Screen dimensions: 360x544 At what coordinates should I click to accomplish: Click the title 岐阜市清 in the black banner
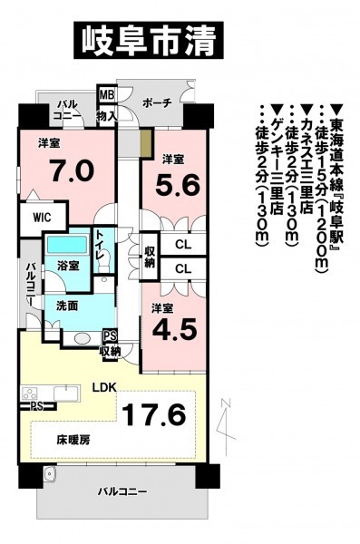click(148, 41)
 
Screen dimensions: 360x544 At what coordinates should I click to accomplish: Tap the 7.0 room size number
click(72, 170)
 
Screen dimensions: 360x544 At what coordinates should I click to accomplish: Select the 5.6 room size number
click(178, 185)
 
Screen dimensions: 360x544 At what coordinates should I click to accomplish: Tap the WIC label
click(43, 218)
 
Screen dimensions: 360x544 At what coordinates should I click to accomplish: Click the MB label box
click(107, 94)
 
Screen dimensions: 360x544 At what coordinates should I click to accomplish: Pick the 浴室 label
click(68, 266)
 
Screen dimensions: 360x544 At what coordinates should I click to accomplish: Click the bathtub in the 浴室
click(67, 245)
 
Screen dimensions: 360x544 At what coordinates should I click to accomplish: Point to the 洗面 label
click(67, 306)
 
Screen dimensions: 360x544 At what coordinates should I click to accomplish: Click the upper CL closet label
click(183, 245)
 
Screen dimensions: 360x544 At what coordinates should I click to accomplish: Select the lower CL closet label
click(183, 269)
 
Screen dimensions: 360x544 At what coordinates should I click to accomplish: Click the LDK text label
click(103, 387)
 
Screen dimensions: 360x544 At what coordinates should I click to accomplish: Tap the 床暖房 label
click(73, 441)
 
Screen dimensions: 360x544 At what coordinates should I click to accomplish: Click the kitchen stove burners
click(30, 394)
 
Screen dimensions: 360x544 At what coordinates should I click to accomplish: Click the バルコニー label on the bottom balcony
click(122, 491)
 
